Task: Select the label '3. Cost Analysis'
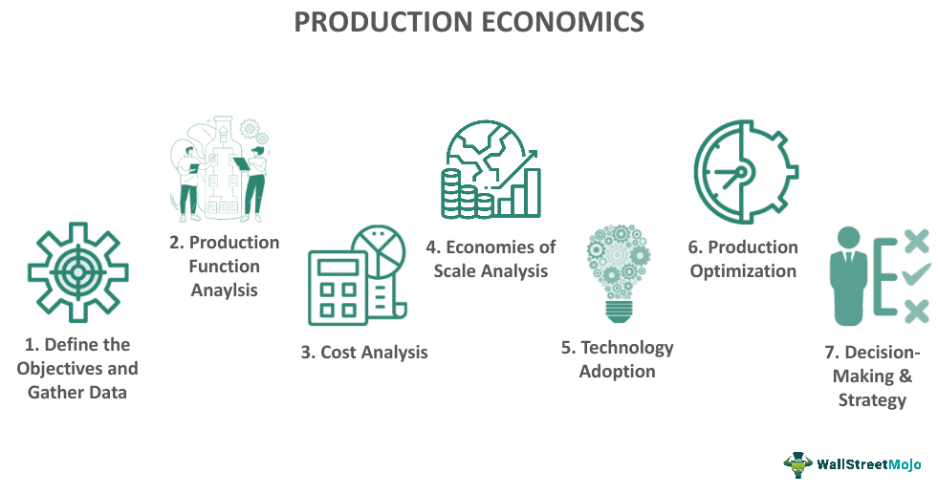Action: click(364, 352)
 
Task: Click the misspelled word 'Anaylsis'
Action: click(223, 290)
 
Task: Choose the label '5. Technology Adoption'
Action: click(617, 358)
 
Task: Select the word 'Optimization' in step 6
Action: click(743, 270)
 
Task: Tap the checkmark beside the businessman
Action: click(915, 276)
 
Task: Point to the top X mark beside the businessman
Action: click(915, 241)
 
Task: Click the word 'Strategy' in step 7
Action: click(871, 399)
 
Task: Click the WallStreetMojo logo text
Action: click(868, 464)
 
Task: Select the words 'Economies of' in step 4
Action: click(491, 247)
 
